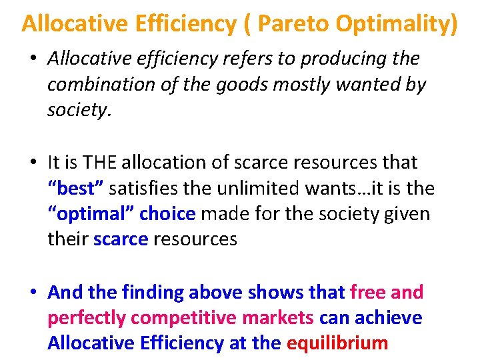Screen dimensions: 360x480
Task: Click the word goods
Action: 255,85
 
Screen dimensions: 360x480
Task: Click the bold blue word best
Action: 75,188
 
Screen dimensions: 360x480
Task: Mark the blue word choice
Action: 167,214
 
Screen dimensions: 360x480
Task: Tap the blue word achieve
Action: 387,317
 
